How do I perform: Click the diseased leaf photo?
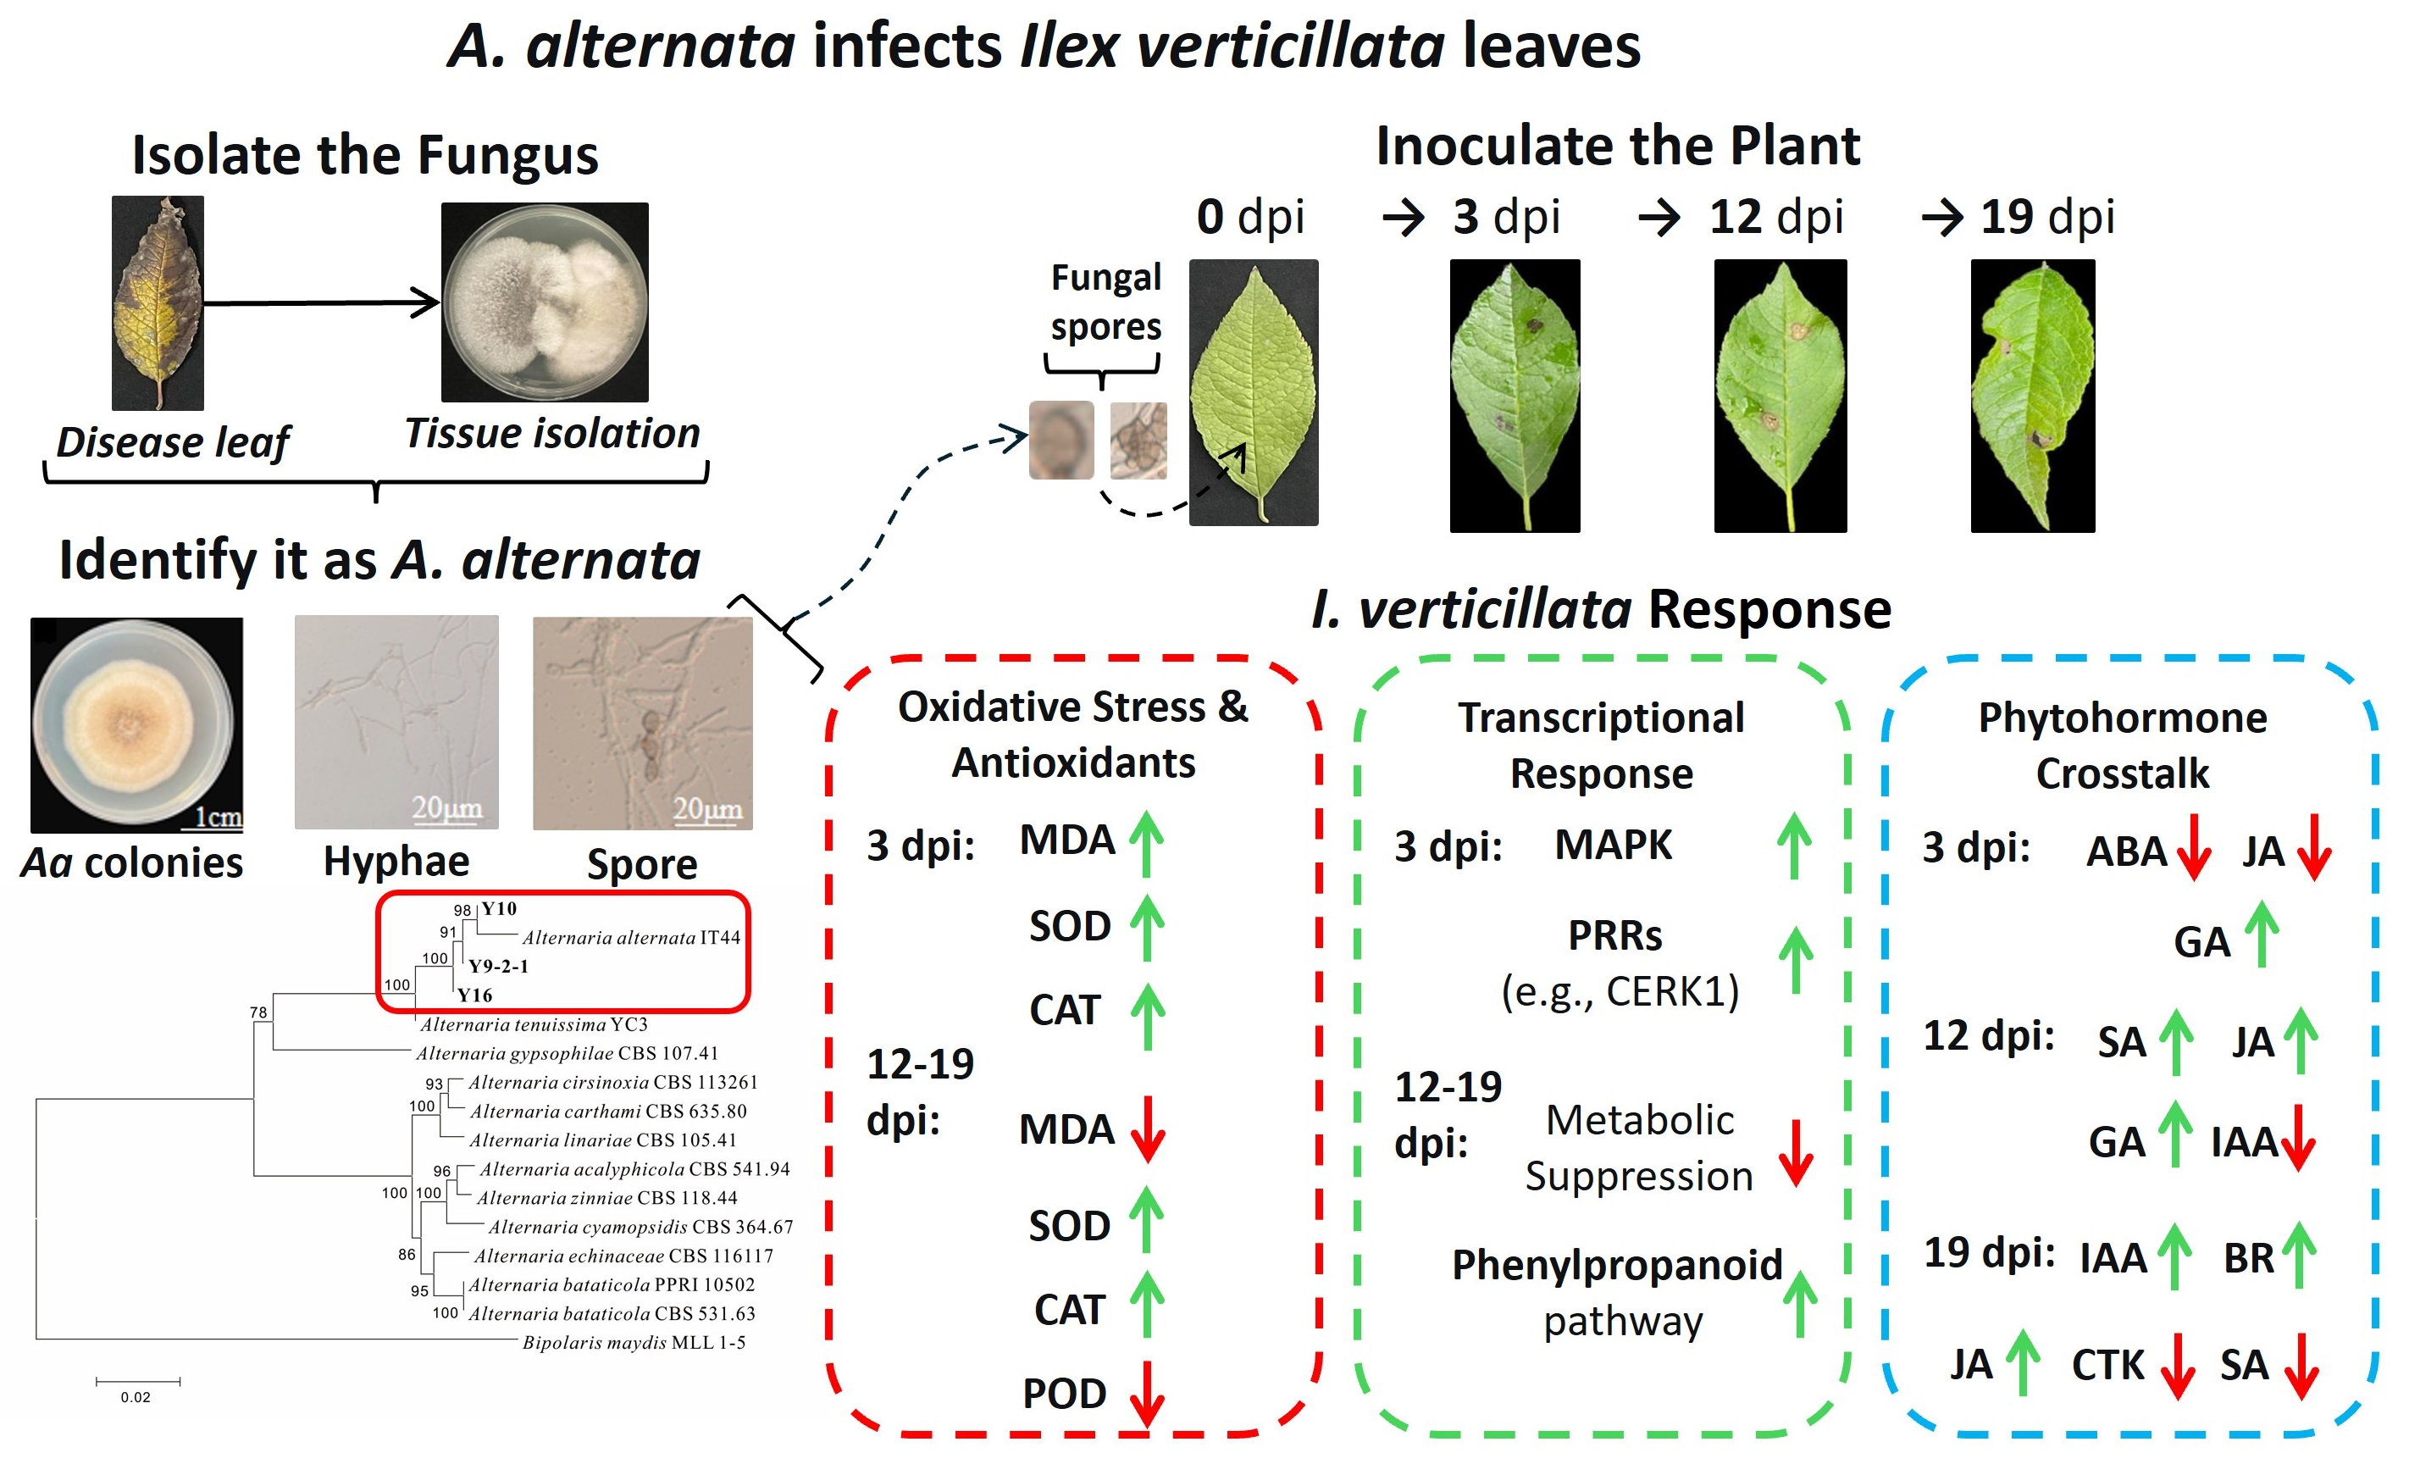(158, 303)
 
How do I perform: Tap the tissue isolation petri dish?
(545, 302)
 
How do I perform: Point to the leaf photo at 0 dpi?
(1253, 392)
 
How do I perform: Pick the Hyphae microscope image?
(396, 722)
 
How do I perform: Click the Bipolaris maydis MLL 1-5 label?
(634, 1342)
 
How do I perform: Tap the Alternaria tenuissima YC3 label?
(534, 1024)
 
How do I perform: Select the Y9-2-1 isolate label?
(499, 966)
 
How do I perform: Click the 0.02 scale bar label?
(136, 1396)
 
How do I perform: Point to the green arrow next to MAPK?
(1793, 846)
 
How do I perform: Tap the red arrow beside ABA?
(2193, 848)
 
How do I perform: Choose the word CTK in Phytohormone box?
(2107, 1365)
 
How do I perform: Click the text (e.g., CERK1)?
(1620, 991)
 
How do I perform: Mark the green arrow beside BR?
(2299, 1256)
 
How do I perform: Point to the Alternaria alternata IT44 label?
(630, 938)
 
